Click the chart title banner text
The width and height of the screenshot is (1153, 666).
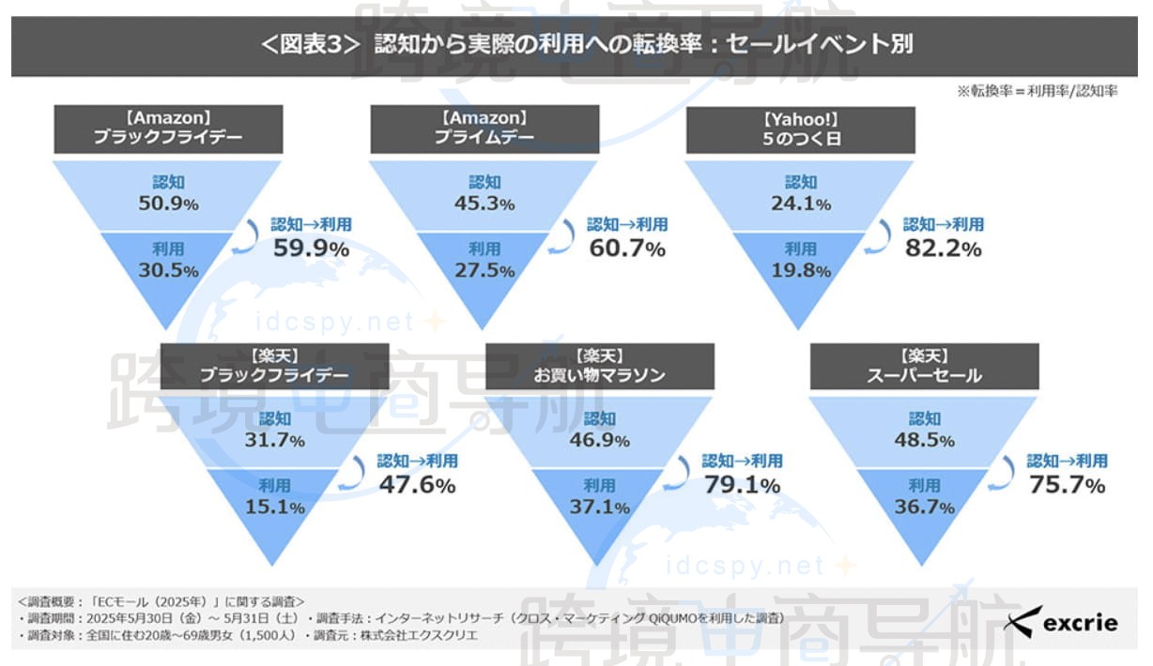coord(576,45)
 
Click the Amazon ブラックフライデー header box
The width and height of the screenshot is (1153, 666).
coord(168,129)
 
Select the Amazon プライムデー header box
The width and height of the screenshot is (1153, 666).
coord(484,129)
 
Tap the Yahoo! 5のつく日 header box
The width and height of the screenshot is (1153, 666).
coord(800,129)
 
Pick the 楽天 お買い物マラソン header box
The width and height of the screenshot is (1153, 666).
coord(599,366)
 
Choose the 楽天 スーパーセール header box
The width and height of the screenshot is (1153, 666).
coord(925,366)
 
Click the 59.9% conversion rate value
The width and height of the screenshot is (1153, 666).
coord(312,249)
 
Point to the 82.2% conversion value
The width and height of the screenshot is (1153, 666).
coord(944,249)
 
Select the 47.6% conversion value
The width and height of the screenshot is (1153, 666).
coord(418,485)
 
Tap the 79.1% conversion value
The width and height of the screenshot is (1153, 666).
coord(742,485)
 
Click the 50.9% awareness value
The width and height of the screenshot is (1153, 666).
coord(170,204)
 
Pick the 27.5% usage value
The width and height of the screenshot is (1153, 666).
coord(485,270)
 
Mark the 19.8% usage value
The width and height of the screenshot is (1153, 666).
coord(802,270)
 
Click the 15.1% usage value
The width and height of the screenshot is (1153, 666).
coord(276,507)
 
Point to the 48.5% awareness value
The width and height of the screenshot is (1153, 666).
coord(925,440)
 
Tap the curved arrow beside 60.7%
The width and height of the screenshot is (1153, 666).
coord(565,236)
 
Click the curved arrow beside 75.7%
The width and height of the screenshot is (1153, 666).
coord(1005,473)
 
